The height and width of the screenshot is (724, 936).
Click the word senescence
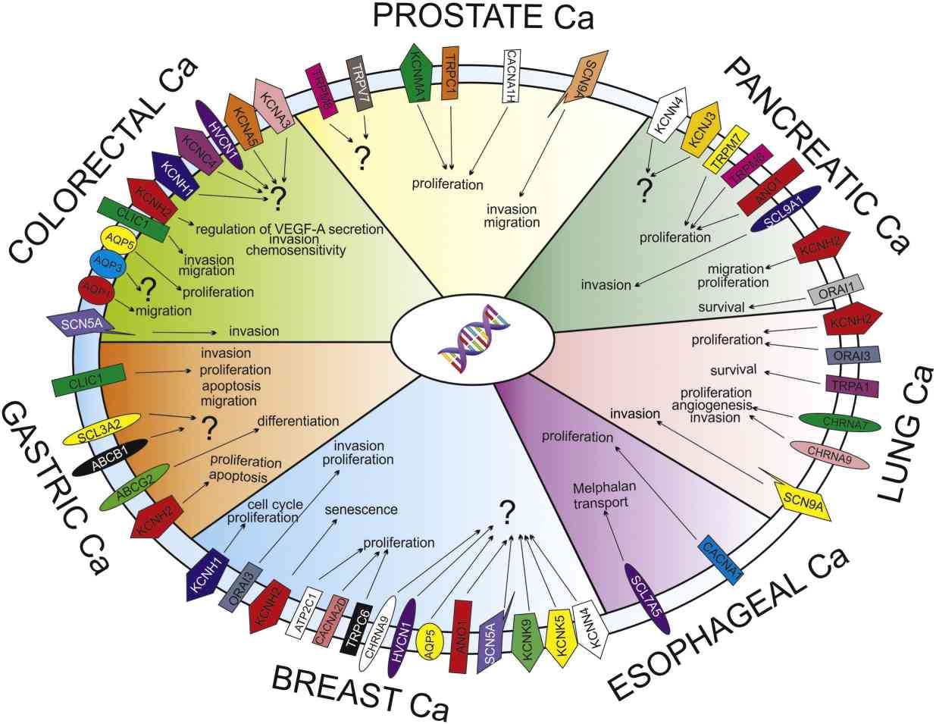click(x=362, y=509)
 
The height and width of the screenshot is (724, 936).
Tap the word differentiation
click(x=298, y=421)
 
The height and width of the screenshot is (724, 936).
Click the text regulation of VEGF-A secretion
click(x=290, y=227)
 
